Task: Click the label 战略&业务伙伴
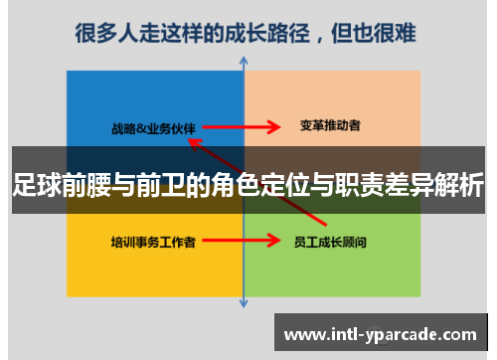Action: point(154,126)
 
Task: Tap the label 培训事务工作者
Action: point(152,241)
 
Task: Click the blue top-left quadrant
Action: point(119,99)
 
